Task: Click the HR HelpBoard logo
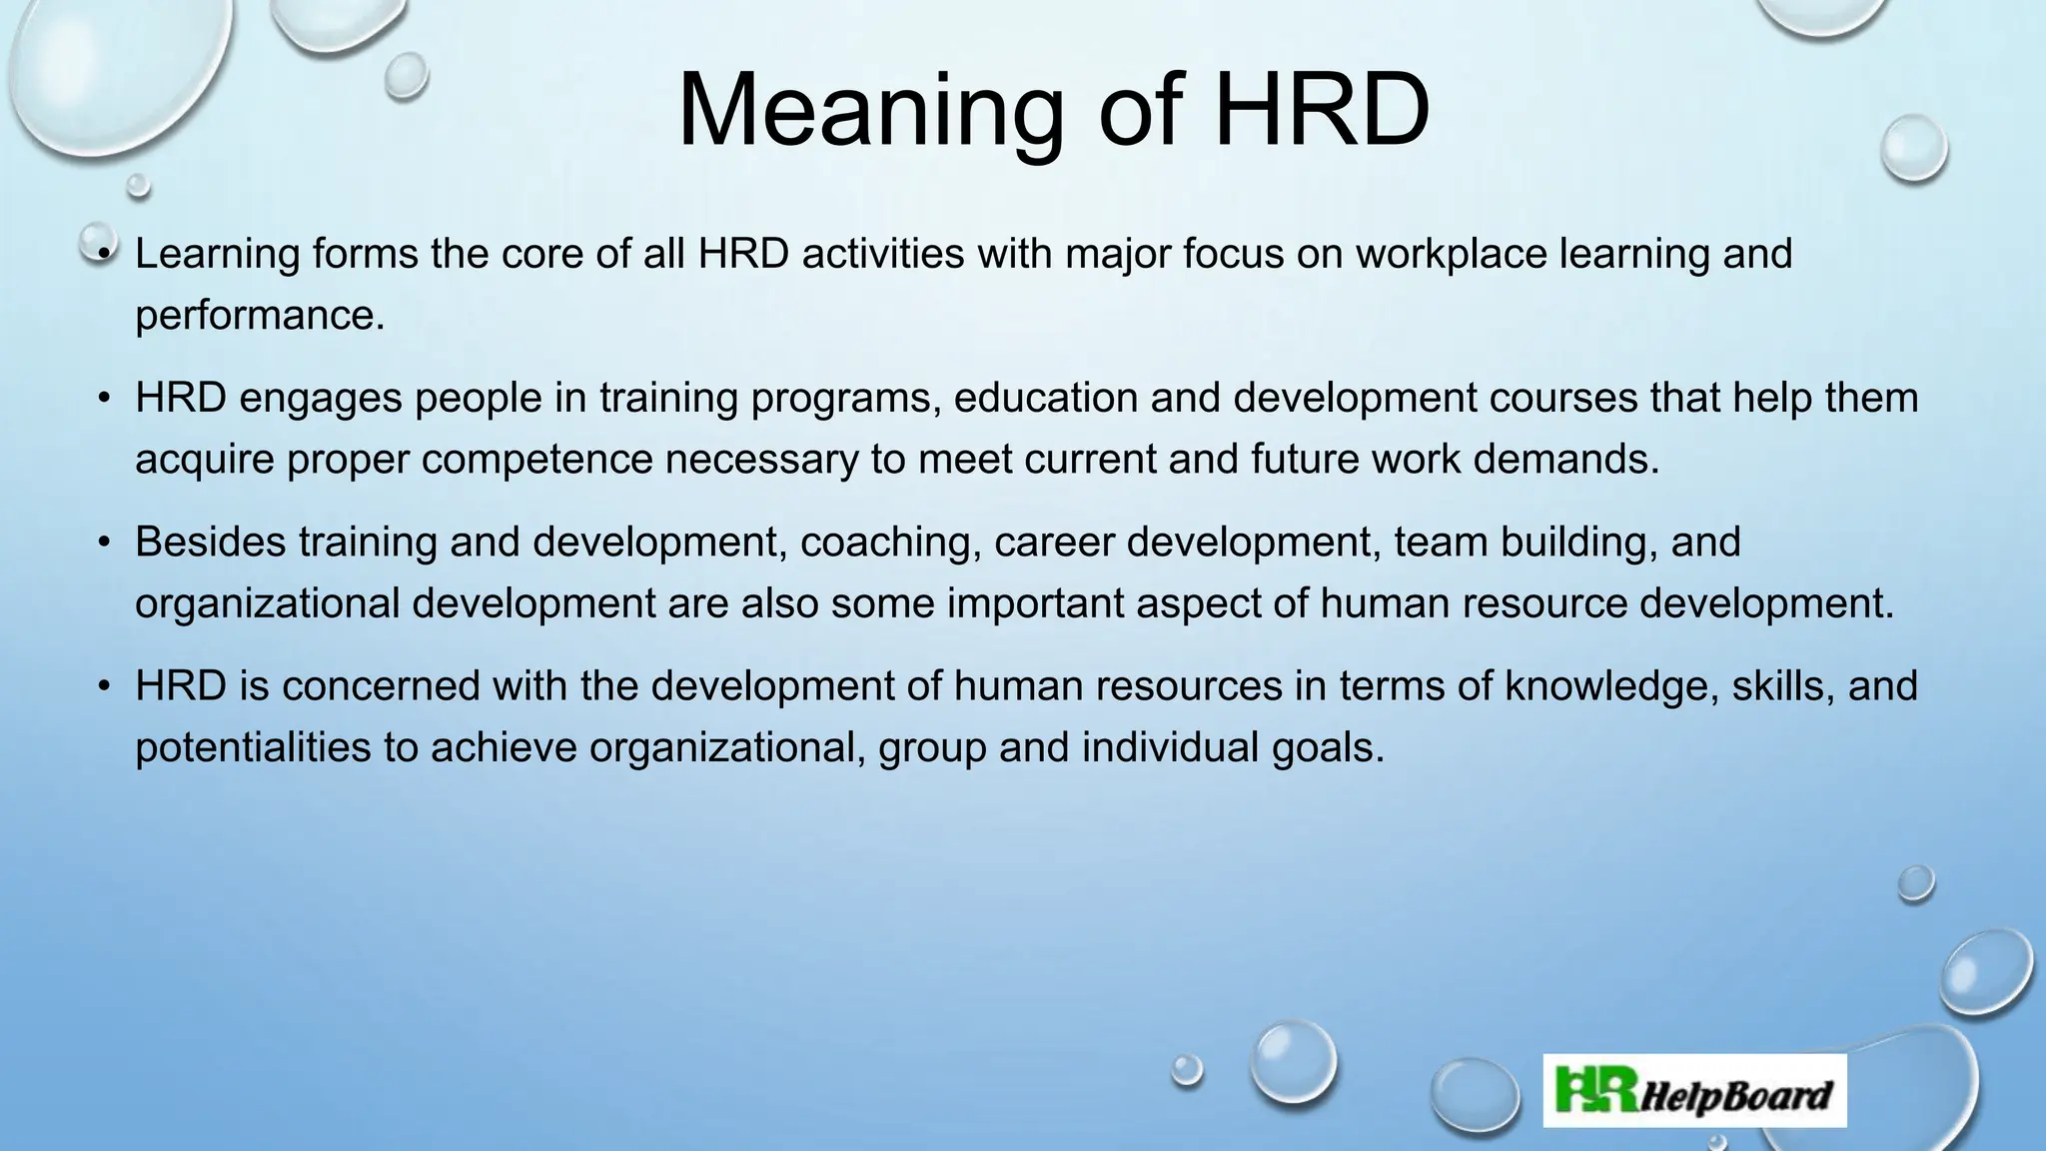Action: point(1694,1091)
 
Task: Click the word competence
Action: point(536,460)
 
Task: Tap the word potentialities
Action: point(253,747)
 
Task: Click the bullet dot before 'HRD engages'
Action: point(105,399)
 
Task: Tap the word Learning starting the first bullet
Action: point(217,254)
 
